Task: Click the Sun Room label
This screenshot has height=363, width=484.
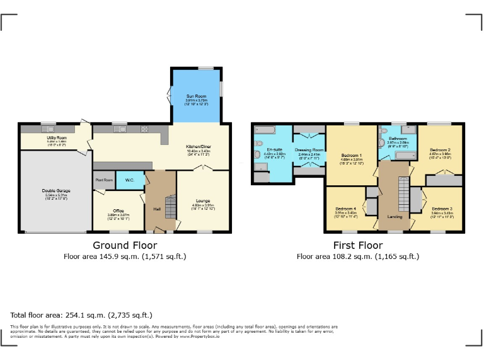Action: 196,96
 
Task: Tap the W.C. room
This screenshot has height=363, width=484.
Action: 129,180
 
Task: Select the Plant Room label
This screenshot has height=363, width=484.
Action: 103,180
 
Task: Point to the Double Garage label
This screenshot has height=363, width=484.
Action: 56,191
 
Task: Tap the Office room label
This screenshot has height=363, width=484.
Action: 118,210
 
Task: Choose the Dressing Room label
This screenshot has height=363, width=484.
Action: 309,149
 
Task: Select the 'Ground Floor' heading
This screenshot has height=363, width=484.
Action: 125,245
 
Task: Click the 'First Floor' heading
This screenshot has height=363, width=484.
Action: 358,245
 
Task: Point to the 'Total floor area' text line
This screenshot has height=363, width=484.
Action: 81,314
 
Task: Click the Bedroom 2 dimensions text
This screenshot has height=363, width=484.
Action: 441,153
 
